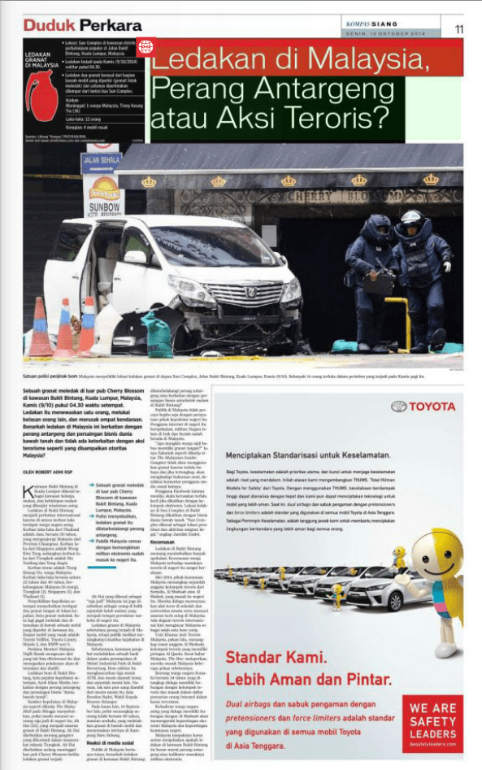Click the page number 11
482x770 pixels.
tap(459, 28)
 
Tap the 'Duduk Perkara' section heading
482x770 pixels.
tap(72, 26)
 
